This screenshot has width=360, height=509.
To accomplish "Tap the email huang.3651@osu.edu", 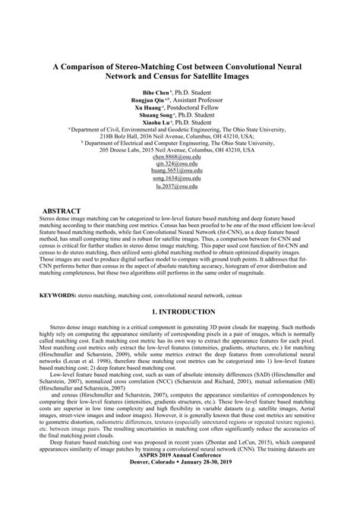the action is point(179,172).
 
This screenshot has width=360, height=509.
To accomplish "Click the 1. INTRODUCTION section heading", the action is point(179,311).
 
